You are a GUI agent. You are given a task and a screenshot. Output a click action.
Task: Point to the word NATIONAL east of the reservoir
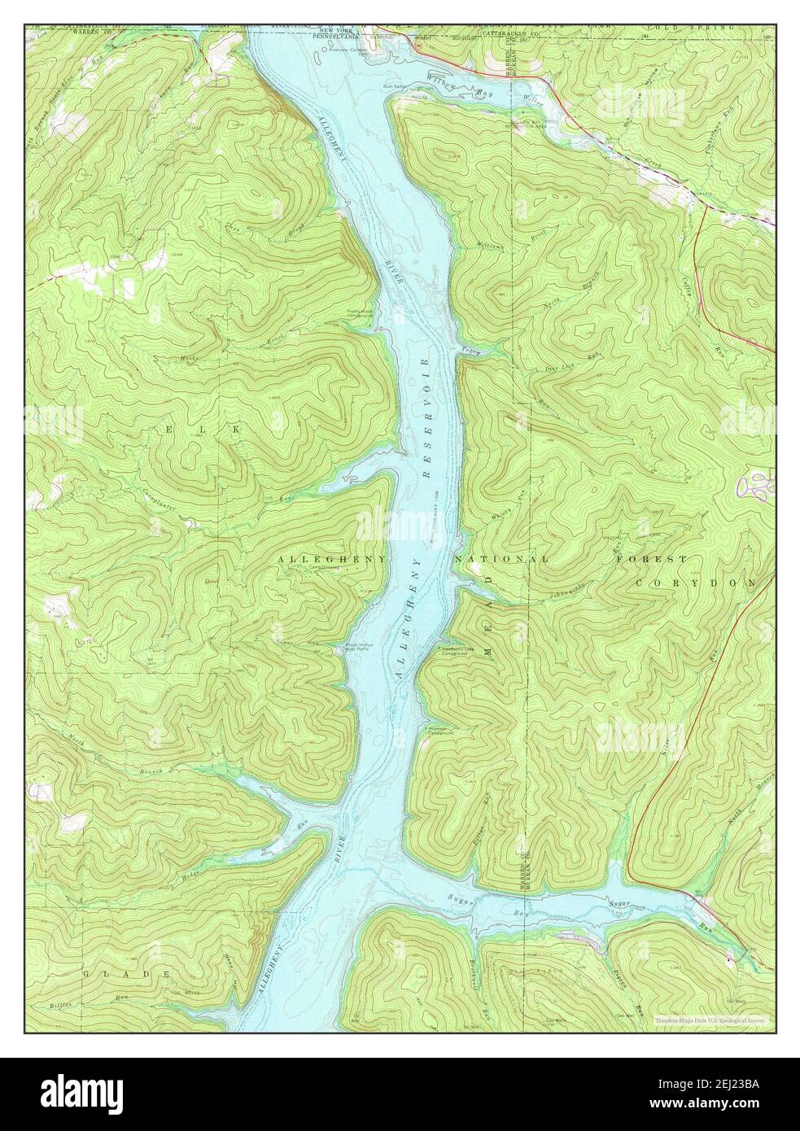click(x=501, y=561)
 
